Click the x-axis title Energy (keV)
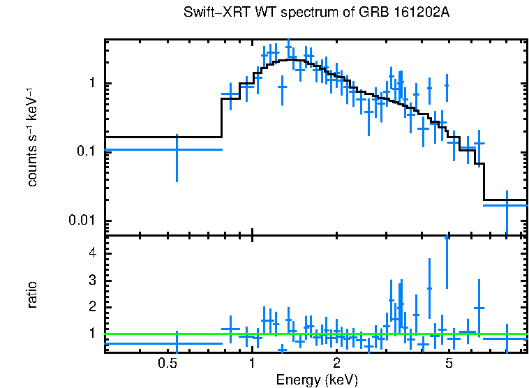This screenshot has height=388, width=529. coord(317,380)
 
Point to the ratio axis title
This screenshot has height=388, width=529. coord(33,294)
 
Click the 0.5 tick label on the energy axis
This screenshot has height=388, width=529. coord(166,363)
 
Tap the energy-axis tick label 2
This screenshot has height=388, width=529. coord(336,363)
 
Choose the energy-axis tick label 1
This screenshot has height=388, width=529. coord(251,363)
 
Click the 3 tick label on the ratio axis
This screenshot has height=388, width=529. coord(94,280)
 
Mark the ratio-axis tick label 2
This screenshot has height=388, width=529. coord(94,307)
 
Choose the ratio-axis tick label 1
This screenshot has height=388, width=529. coord(94,334)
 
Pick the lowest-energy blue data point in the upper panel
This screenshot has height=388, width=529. coord(177,149)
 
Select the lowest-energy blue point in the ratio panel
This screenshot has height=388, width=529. coord(177,343)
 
